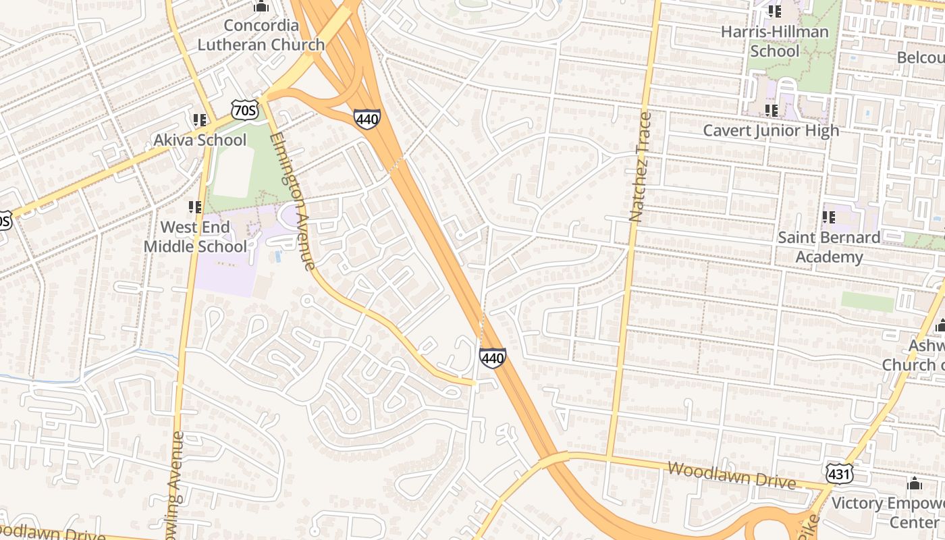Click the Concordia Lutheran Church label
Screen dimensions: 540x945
click(261, 35)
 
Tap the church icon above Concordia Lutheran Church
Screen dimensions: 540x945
click(261, 7)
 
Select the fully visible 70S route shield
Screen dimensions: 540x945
click(242, 110)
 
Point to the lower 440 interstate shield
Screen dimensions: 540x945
click(492, 357)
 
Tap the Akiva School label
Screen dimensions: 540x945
click(200, 140)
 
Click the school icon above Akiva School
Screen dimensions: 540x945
click(199, 120)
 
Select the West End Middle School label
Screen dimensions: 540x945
click(195, 236)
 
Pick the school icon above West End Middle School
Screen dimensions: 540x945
click(195, 207)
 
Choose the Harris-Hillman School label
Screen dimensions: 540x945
click(774, 41)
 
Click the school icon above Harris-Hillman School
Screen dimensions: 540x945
click(774, 11)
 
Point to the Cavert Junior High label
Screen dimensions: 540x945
click(771, 130)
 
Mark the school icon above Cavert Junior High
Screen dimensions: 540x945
click(771, 110)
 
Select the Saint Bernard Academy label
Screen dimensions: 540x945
click(829, 247)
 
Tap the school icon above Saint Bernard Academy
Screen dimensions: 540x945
click(829, 217)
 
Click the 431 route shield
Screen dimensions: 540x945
click(839, 474)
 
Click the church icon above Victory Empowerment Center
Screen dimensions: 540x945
click(915, 483)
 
